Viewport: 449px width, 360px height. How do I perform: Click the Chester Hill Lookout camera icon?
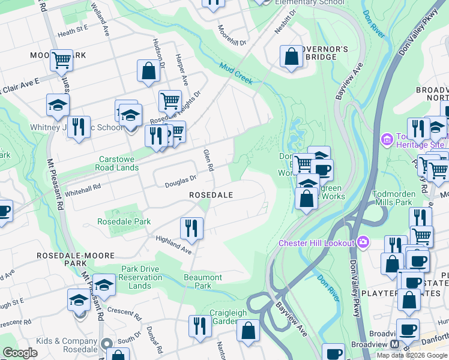[363, 242]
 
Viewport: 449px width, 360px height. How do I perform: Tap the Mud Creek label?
[235, 74]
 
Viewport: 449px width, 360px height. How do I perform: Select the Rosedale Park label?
[124, 221]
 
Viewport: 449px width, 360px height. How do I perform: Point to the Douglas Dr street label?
[181, 181]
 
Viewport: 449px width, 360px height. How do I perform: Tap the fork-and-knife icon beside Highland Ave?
[192, 227]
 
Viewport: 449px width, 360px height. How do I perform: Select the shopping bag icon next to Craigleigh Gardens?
[249, 329]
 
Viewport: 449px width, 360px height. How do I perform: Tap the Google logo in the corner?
[20, 353]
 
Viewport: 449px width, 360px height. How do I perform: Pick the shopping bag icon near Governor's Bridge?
[291, 57]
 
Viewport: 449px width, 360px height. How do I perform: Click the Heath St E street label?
[73, 28]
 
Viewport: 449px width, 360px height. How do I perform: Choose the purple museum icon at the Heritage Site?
[387, 140]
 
